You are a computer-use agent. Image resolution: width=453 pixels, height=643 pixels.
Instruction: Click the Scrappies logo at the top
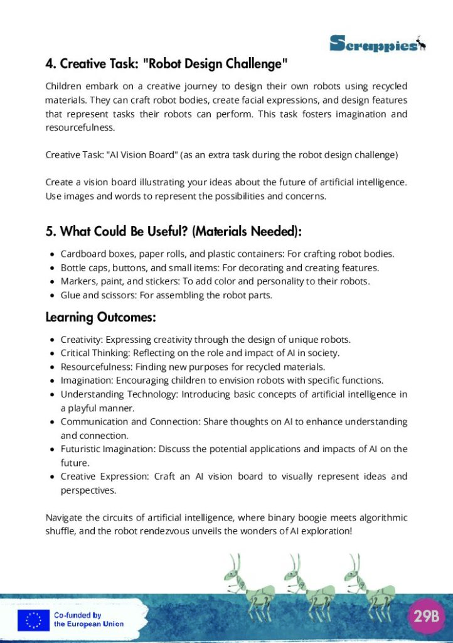point(377,43)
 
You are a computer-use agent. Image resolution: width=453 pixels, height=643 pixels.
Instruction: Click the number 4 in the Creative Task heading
point(49,64)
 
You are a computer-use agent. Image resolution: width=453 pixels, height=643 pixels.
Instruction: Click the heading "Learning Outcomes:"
point(100,318)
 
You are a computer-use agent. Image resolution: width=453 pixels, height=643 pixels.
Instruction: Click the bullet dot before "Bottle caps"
point(51,268)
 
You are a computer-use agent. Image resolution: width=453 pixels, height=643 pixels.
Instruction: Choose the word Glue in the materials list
point(70,295)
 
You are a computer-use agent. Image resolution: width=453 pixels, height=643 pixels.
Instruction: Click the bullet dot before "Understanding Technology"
point(51,394)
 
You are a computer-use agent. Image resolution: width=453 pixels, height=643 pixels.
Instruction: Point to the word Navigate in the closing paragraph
point(64,518)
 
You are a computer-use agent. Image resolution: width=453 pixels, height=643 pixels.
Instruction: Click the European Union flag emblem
point(33,620)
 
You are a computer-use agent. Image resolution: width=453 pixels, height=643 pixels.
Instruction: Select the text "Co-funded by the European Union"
point(88,620)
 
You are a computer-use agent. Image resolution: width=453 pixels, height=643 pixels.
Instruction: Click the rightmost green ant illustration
point(370,588)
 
